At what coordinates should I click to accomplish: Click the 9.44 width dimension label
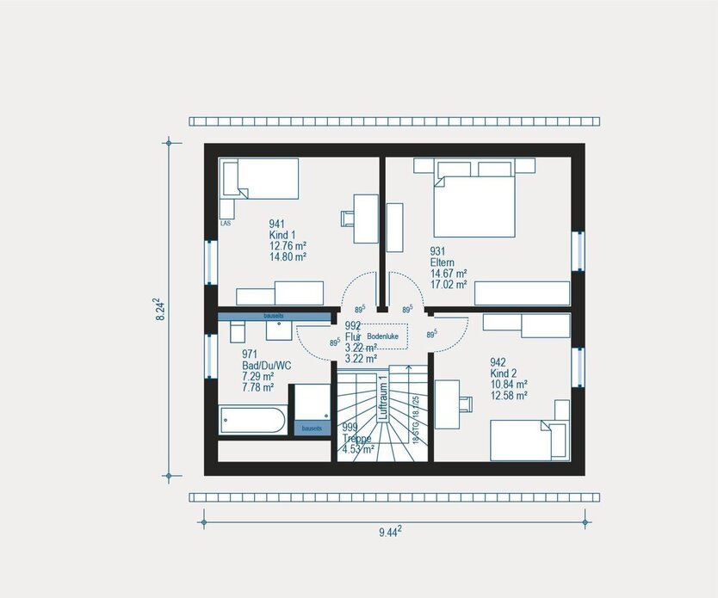tap(390, 533)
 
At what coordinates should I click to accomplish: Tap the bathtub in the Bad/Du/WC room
tap(251, 422)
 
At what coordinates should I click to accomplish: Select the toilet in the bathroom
tap(237, 332)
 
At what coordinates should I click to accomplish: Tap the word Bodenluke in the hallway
tap(384, 336)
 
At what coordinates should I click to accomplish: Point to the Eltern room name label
tap(443, 262)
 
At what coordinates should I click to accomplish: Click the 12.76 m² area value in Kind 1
tap(288, 245)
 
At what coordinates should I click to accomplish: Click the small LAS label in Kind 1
tap(226, 224)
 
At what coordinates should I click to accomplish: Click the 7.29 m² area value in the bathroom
tap(257, 377)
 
